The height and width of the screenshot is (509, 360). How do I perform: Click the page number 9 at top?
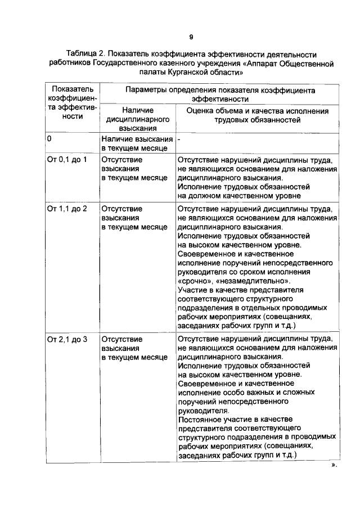(x=191, y=38)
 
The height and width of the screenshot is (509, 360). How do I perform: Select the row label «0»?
(x=49, y=138)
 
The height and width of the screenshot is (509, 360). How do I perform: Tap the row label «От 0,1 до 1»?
(x=67, y=159)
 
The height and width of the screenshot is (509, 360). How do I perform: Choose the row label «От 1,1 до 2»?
(x=67, y=209)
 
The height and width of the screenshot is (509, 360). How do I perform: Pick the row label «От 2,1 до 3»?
(x=67, y=340)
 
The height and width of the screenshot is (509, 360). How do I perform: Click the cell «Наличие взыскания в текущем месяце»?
(x=137, y=143)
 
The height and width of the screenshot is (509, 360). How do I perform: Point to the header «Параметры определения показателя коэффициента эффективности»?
(x=220, y=94)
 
